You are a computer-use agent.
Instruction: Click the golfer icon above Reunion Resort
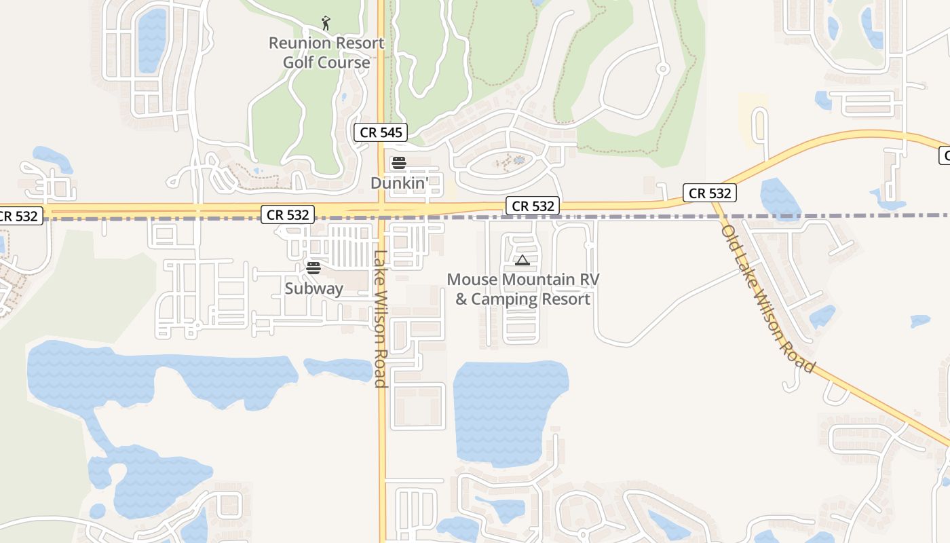326,23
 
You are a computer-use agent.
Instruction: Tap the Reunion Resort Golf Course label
326,53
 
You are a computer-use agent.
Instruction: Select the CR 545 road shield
381,132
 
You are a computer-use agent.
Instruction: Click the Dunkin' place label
400,183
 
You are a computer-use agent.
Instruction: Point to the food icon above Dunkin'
399,163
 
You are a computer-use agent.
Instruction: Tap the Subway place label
313,288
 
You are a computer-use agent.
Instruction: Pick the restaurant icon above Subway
313,267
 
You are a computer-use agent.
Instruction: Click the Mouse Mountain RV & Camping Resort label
522,289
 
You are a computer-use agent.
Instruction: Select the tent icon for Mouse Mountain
522,261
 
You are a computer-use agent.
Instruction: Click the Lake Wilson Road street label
380,319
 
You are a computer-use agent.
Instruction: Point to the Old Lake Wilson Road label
767,299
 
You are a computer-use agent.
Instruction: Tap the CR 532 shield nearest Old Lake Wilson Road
710,193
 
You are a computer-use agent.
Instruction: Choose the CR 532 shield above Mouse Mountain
533,206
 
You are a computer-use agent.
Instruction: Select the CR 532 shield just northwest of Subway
288,215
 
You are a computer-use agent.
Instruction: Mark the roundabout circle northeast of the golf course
663,69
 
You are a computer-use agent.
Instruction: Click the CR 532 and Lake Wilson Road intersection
381,210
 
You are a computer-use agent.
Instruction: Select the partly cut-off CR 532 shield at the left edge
19,217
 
